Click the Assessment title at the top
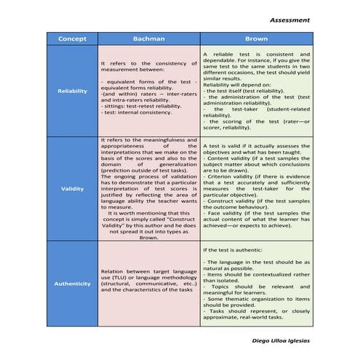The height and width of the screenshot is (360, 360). pyautogui.click(x=289, y=20)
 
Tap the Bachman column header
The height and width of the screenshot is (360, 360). pyautogui.click(x=148, y=39)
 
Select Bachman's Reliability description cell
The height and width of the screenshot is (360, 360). pyautogui.click(x=148, y=90)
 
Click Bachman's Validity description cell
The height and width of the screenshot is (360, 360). pyautogui.click(x=148, y=189)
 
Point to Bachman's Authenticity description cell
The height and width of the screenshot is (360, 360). pyautogui.click(x=148, y=283)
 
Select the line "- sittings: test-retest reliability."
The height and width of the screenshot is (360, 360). pyautogui.click(x=141, y=105)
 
